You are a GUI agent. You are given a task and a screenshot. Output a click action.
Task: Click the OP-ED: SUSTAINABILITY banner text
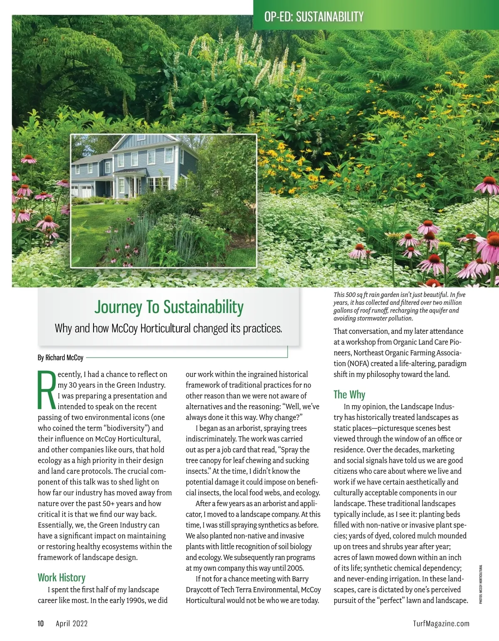pyautogui.click(x=314, y=17)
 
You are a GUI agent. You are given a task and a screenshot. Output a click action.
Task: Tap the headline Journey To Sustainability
pyautogui.click(x=169, y=307)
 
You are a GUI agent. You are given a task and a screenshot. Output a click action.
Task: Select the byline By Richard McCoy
pyautogui.click(x=60, y=358)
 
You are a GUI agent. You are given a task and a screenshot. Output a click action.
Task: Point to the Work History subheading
pyautogui.click(x=62, y=577)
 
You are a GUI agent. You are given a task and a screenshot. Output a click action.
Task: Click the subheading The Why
pyautogui.click(x=349, y=394)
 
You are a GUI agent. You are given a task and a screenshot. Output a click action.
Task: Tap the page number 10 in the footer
pyautogui.click(x=41, y=624)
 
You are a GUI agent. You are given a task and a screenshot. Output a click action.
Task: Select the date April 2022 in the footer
pyautogui.click(x=72, y=624)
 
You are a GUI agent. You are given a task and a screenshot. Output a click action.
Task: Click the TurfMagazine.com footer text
pyautogui.click(x=441, y=624)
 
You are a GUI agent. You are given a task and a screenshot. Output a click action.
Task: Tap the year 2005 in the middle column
pyautogui.click(x=294, y=568)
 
